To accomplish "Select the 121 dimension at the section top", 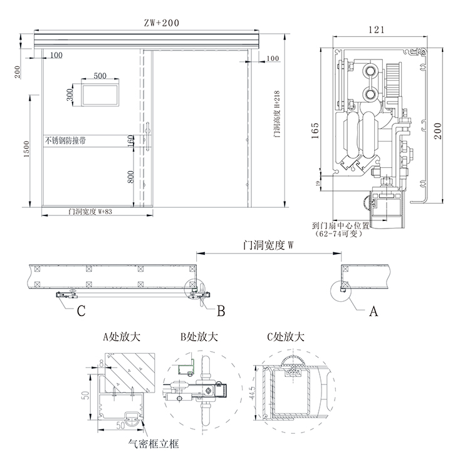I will (376, 29).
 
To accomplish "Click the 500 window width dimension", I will (100, 75).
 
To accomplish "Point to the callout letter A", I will (375, 309).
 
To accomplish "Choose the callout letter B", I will (221, 310).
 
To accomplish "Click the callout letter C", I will (81, 310).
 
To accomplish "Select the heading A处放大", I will (122, 337).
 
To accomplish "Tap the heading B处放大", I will (199, 337).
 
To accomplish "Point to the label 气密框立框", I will (154, 444).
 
